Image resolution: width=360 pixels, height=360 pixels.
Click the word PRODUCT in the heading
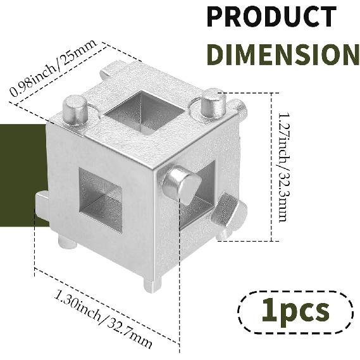click(271, 16)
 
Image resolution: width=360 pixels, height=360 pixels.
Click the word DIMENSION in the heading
click(283, 54)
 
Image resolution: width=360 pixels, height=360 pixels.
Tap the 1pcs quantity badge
click(295, 312)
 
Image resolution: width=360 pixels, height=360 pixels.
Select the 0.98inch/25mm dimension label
click(53, 68)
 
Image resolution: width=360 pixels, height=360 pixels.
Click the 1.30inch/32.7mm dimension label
click(103, 319)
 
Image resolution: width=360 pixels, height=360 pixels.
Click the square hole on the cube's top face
click(145, 113)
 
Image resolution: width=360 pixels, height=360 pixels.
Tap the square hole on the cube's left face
click(101, 200)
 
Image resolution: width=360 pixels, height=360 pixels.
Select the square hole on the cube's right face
click(198, 195)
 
